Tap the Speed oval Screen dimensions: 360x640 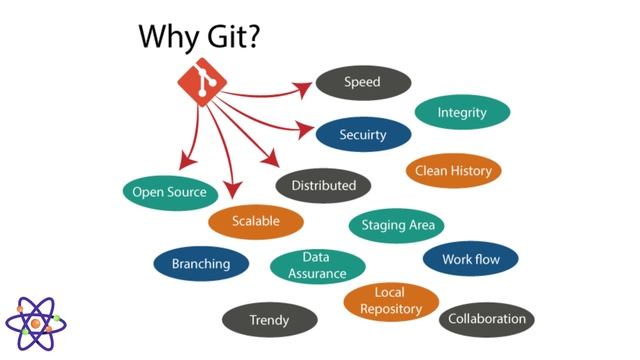[x=363, y=82]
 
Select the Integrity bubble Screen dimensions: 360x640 [x=462, y=112]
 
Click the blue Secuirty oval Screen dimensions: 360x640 [x=363, y=133]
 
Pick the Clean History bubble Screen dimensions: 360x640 [x=454, y=171]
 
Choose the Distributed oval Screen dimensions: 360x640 [x=323, y=185]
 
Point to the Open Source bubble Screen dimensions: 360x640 [x=170, y=192]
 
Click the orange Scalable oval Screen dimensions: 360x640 [x=256, y=220]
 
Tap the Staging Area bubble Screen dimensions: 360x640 [x=397, y=225]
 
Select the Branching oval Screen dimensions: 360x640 [x=201, y=264]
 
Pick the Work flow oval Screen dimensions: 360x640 [x=470, y=259]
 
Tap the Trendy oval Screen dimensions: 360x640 [x=269, y=320]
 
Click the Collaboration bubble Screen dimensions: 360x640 [x=487, y=319]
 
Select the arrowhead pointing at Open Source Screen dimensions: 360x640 [x=183, y=163]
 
